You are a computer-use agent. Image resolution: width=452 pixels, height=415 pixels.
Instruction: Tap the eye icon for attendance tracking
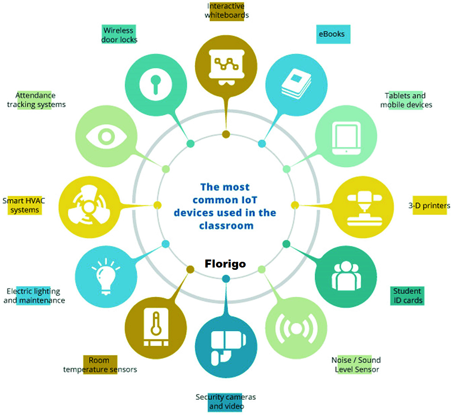tap(106, 136)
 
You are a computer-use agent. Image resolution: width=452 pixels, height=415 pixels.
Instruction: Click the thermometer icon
tap(155, 327)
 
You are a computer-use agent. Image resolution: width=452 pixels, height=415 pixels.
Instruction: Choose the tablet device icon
tap(346, 138)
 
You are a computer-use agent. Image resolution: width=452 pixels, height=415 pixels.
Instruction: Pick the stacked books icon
tap(296, 84)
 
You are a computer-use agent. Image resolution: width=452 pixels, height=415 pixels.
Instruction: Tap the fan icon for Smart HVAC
tap(89, 207)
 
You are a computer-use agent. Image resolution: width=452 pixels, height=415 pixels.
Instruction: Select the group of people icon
tap(346, 276)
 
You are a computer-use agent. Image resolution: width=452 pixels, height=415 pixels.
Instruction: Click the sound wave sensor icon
tap(295, 328)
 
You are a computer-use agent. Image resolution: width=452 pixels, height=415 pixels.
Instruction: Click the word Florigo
tap(225, 264)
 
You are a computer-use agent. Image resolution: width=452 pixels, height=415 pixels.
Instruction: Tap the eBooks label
tap(332, 34)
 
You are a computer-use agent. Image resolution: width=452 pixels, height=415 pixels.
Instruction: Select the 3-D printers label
tap(429, 206)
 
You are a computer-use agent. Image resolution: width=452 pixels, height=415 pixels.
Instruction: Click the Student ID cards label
tap(407, 296)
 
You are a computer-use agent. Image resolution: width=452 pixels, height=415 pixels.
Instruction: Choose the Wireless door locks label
tap(119, 35)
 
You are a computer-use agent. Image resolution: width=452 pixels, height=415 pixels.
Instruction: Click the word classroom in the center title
tap(226, 226)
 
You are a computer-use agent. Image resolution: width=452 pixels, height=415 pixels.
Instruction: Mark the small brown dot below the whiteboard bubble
tap(226, 134)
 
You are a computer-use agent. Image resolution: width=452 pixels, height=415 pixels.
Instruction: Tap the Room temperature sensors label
tap(100, 365)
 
